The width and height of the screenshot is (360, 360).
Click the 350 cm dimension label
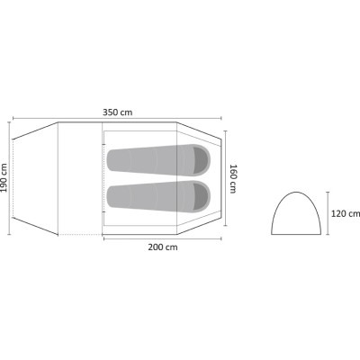[x=117, y=112]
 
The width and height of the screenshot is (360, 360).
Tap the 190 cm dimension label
[x=4, y=177]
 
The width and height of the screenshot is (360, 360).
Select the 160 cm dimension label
[x=233, y=179]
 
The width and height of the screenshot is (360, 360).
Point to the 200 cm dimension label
[x=163, y=247]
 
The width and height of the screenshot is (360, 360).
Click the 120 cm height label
[x=346, y=213]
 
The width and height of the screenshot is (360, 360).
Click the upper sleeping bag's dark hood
[x=202, y=160]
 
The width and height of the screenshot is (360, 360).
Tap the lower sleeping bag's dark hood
[x=202, y=196]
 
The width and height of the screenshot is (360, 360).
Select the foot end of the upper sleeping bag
[x=112, y=160]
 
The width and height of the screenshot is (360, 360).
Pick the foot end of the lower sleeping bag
[x=112, y=196]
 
